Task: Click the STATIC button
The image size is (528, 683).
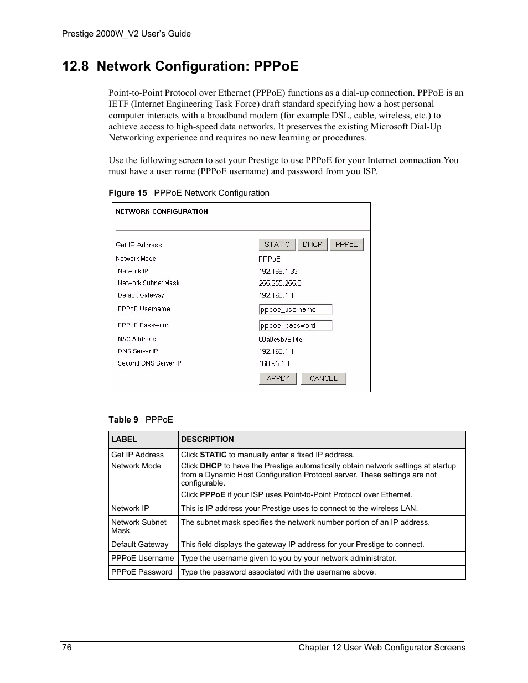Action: [277, 244]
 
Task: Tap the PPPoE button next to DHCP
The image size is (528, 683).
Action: [346, 244]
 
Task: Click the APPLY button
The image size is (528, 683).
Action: [278, 378]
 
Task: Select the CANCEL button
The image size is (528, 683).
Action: [323, 378]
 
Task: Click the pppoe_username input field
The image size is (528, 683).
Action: [296, 310]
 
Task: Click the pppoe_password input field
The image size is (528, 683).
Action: [296, 326]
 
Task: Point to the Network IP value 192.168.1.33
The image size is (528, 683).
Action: [278, 272]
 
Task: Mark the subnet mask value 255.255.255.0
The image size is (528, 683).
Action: [280, 283]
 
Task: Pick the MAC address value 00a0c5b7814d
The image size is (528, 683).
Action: [281, 340]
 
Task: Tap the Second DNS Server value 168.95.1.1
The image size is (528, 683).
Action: [275, 363]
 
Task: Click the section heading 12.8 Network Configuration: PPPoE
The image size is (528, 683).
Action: [180, 66]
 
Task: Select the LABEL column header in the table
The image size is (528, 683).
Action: [124, 440]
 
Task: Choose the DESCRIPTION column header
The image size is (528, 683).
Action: [208, 440]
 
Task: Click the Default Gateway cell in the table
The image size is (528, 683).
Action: [139, 545]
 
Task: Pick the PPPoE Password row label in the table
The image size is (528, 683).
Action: [142, 572]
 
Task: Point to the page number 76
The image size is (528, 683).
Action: [66, 648]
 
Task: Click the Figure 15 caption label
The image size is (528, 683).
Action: [128, 193]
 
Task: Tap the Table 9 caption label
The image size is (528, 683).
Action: [123, 420]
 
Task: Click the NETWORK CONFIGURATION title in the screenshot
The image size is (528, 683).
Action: [162, 212]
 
